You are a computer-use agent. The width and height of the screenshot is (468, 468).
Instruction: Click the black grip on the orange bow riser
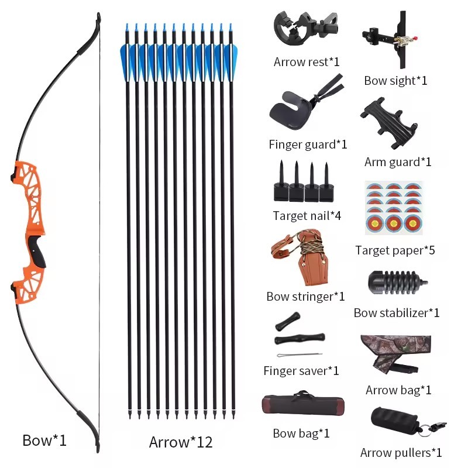coord(38,251)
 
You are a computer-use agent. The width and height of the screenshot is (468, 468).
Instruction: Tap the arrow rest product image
coord(305,28)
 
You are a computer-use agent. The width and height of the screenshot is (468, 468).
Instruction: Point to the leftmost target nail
coord(281,183)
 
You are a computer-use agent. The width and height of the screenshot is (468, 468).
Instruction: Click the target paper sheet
coord(394,208)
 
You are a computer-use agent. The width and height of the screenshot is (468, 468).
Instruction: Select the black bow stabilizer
coord(397,282)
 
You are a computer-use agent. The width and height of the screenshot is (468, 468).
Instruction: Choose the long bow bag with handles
coord(303,403)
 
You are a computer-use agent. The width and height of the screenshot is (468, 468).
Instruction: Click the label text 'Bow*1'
coord(44,441)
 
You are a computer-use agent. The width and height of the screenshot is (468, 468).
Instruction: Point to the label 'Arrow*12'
coord(181,442)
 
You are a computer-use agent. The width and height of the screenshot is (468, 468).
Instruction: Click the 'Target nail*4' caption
coord(307,215)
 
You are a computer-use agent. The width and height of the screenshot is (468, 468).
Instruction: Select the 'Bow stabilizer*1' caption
coord(397,313)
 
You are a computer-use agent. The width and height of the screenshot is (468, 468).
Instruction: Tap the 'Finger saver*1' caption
coord(301,371)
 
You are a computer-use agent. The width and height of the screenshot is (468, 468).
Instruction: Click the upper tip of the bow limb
coord(98,13)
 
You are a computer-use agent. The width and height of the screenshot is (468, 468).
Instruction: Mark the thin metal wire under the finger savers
coord(300,355)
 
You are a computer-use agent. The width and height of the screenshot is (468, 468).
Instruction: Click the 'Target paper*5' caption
coord(395,250)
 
